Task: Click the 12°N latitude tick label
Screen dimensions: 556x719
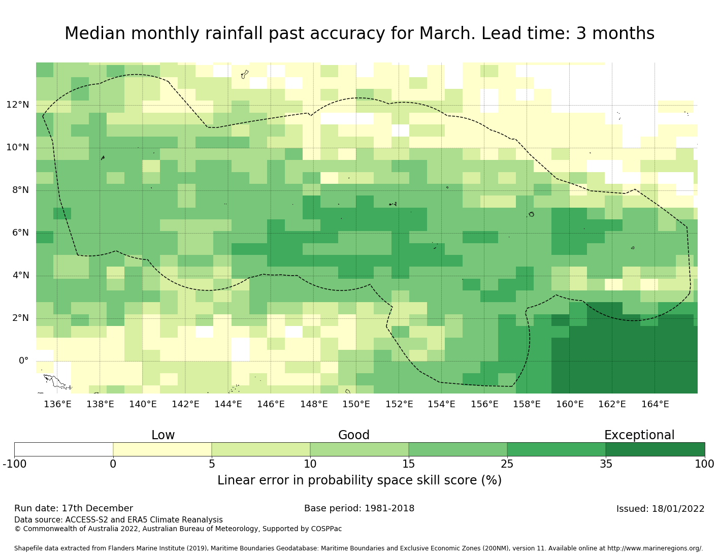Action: pyautogui.click(x=17, y=105)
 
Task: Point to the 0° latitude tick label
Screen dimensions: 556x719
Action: pyautogui.click(x=23, y=361)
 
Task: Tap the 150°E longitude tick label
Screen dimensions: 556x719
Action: pyautogui.click(x=356, y=404)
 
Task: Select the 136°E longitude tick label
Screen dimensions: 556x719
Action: pyautogui.click(x=57, y=404)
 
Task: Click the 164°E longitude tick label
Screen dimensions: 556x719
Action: pyautogui.click(x=655, y=404)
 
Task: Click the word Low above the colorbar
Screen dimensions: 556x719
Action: pyautogui.click(x=163, y=435)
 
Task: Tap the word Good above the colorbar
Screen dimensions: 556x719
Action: pyautogui.click(x=354, y=435)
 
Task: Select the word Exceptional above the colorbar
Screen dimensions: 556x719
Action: pyautogui.click(x=639, y=435)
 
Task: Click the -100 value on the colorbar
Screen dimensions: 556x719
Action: pyautogui.click(x=14, y=464)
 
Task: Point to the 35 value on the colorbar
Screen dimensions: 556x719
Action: pyautogui.click(x=606, y=464)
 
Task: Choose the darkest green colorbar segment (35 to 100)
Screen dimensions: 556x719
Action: pyautogui.click(x=655, y=449)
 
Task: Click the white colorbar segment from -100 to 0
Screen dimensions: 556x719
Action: pyautogui.click(x=63, y=449)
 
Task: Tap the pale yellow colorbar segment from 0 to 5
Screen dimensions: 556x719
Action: pyautogui.click(x=162, y=449)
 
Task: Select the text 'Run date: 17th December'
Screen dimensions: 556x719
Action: pyautogui.click(x=74, y=508)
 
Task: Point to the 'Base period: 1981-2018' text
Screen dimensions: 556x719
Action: pyautogui.click(x=359, y=508)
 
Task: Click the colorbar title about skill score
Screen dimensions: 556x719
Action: pyautogui.click(x=360, y=480)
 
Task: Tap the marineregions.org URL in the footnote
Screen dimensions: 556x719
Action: pyautogui.click(x=655, y=548)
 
